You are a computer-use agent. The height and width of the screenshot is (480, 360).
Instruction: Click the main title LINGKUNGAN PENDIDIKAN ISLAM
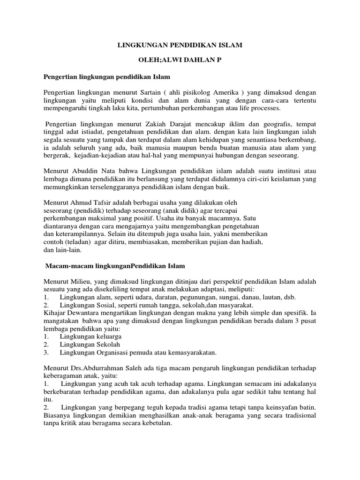[x=180, y=45]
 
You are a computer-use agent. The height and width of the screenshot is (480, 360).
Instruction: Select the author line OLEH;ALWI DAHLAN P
[x=180, y=60]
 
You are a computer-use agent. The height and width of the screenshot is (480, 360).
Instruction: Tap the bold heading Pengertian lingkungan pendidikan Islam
[x=106, y=76]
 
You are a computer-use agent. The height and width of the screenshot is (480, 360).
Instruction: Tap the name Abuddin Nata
[x=89, y=171]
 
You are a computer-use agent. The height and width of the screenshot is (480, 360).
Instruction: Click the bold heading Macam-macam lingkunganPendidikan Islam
[x=115, y=266]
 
